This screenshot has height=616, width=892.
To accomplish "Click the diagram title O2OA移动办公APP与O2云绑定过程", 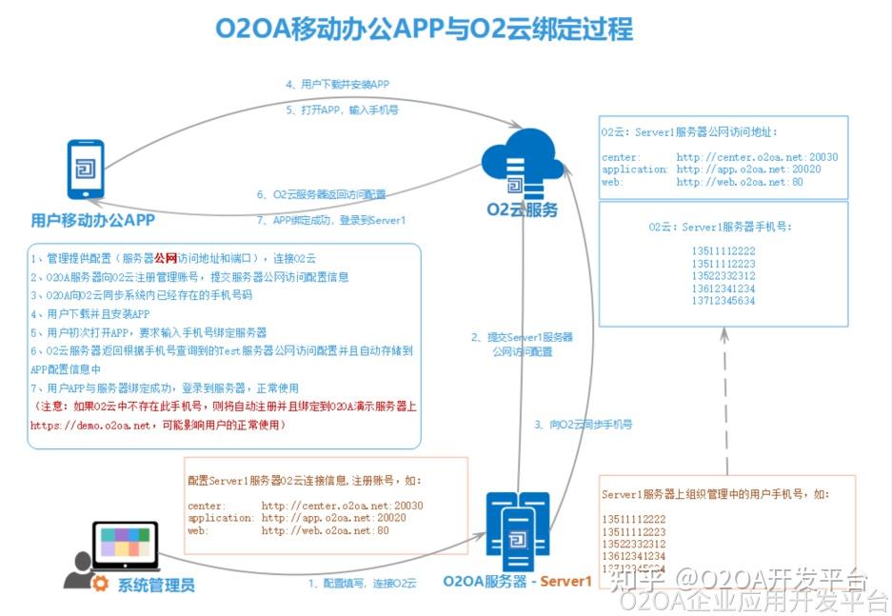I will coord(424,30).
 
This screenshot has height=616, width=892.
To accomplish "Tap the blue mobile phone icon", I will coord(85,169).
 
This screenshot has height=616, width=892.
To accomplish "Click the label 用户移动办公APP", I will coord(92,221).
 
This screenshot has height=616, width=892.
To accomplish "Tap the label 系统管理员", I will coord(156,585).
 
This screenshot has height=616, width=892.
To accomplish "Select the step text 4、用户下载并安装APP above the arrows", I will coord(337,84).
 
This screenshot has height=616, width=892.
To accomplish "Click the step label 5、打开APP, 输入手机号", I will coord(342,109).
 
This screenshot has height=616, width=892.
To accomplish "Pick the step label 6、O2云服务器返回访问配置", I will coord(321,194).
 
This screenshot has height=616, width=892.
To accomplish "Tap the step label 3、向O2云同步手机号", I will coord(583,424).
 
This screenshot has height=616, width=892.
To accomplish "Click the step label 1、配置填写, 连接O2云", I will coord(362,583).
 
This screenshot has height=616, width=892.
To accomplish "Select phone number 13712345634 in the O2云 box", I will coord(724,301).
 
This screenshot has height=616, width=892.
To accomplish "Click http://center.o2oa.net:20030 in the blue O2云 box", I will coord(757,157).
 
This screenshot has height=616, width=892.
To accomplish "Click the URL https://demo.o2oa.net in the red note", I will coord(91,426).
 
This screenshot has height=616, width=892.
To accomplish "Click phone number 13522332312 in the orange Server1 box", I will coord(633,544).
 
